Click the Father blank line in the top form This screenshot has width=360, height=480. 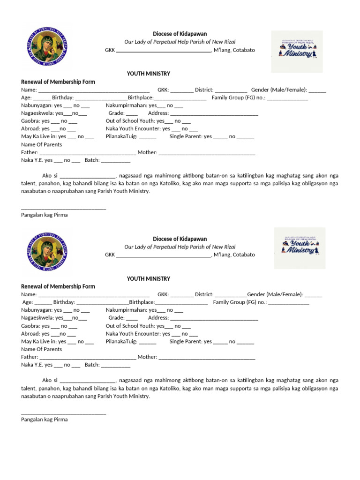click(88, 153)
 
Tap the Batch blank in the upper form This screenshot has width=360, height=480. click(116, 161)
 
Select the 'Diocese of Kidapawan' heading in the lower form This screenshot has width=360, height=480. click(180, 239)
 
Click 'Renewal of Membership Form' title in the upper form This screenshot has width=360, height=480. click(58, 82)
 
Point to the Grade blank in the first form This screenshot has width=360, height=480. click(132, 114)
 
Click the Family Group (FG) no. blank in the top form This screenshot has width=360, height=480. click(287, 98)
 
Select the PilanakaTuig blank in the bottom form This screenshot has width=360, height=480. click(148, 342)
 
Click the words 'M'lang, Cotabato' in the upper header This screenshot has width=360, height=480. click(234, 50)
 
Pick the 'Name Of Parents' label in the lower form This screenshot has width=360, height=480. click(41, 349)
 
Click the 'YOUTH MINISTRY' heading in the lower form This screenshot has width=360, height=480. click(149, 278)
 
